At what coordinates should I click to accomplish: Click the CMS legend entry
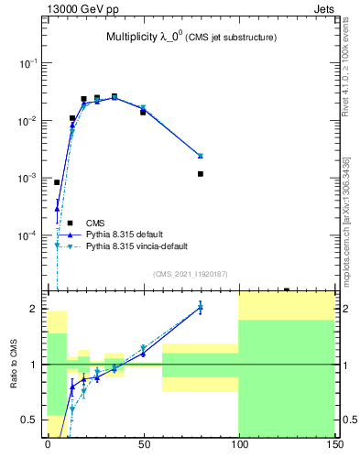tap(94, 223)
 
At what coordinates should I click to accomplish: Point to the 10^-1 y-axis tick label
tap(28, 63)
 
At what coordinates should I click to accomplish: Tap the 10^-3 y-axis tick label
tap(28, 178)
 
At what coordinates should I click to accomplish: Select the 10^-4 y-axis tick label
tap(28, 235)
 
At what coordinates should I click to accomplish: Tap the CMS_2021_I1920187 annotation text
tap(190, 274)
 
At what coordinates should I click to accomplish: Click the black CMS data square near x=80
tap(201, 174)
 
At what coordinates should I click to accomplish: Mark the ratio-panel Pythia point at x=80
tap(201, 308)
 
